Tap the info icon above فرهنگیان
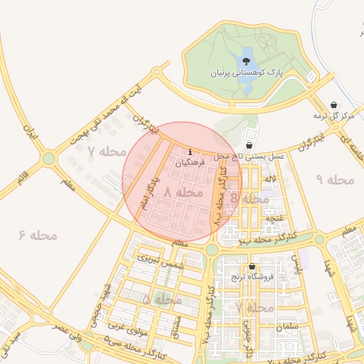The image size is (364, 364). coord(190,151)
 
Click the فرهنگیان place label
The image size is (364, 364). coord(190,163)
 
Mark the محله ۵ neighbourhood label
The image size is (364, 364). coord(161,299)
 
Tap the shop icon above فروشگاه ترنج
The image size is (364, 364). coord(252,267)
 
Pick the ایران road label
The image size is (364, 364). coord(29,132)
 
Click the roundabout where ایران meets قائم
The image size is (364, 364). coord(48,159)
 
